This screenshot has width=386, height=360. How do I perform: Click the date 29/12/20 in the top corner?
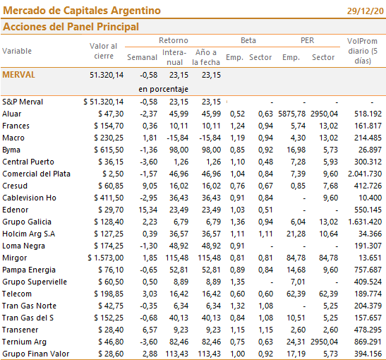366,11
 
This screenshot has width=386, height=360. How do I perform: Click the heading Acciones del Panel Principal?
71,27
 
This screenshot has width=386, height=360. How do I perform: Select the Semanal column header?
142,57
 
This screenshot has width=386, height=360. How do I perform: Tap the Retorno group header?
174,40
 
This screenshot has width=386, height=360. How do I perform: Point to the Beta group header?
248,40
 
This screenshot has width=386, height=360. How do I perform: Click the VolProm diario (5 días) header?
363,51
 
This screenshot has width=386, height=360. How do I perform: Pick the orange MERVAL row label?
19,75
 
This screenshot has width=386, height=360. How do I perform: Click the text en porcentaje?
163,89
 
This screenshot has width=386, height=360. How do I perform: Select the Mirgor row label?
15,258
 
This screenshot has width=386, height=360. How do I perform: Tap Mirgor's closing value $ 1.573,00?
106,258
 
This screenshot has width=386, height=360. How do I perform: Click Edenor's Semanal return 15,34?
147,210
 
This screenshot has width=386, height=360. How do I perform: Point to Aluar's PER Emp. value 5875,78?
291,114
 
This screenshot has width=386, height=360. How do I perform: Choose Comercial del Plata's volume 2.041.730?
365,174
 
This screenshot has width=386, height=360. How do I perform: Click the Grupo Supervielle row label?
35,282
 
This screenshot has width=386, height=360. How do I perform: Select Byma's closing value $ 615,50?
109,150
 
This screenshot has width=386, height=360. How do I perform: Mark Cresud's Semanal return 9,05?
150,186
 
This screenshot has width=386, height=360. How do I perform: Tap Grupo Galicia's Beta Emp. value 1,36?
237,222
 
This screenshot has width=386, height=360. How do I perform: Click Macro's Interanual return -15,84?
177,138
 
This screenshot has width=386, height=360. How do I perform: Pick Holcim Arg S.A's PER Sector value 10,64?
328,234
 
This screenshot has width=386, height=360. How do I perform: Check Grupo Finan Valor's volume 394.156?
368,354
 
